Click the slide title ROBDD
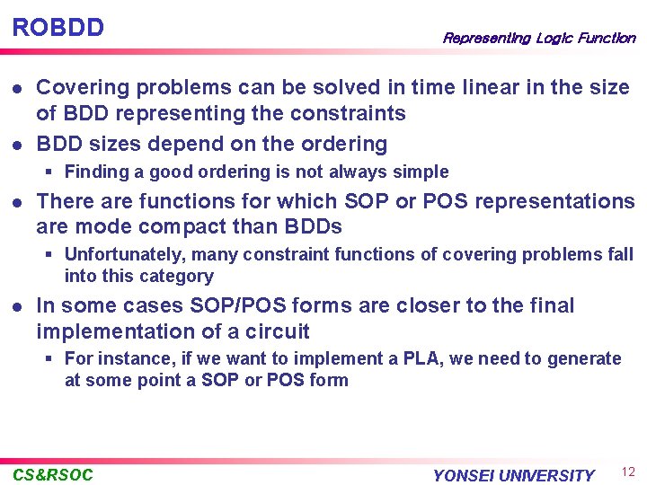(x=58, y=27)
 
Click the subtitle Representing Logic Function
(x=538, y=38)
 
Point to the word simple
(x=421, y=172)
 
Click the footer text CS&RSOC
(x=53, y=474)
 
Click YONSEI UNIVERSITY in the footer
(x=513, y=475)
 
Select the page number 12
(x=627, y=472)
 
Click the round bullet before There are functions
(x=16, y=202)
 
